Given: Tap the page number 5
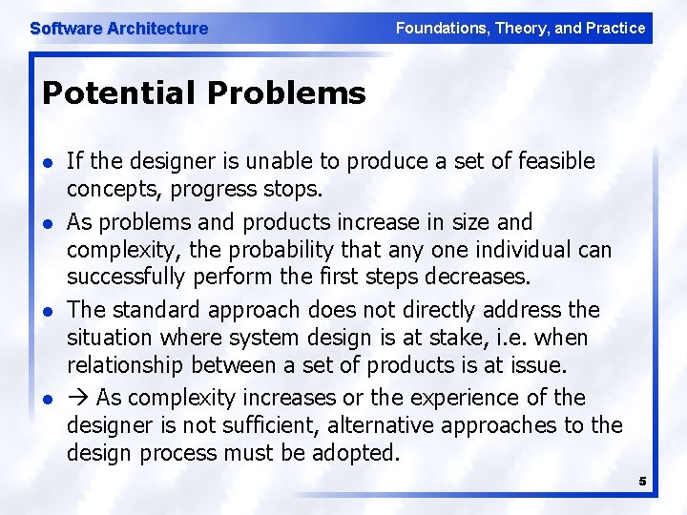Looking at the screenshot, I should (642, 482).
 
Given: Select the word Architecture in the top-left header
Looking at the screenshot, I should (156, 29).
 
